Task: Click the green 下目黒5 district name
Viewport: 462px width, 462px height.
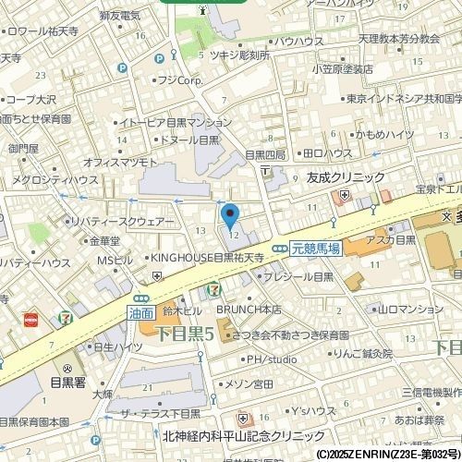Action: pos(183,334)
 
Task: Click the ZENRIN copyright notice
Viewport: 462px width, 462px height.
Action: pos(387,455)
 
